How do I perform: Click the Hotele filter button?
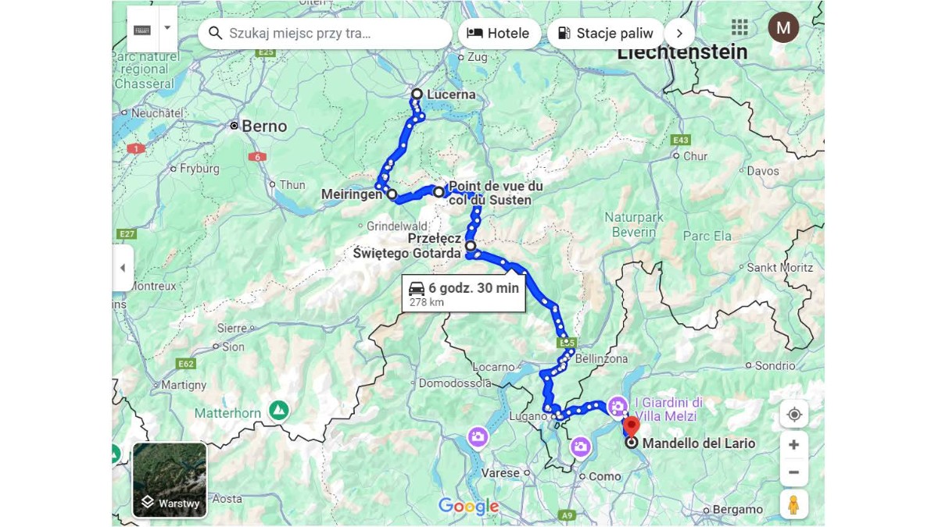499,34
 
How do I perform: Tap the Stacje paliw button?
605,34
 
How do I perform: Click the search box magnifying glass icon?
216,34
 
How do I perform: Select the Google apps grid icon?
739,28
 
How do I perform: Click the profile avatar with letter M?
782,28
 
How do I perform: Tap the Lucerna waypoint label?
451,94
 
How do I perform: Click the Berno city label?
264,126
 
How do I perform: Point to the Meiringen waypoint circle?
392,194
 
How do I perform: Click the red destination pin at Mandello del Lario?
632,426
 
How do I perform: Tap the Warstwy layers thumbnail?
170,479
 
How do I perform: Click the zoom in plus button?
793,444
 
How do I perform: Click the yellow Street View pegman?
793,504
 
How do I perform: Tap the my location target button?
793,414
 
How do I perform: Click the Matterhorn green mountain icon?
278,410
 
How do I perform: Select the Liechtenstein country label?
682,52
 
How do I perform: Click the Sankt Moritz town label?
779,267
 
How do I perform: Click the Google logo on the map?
468,506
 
